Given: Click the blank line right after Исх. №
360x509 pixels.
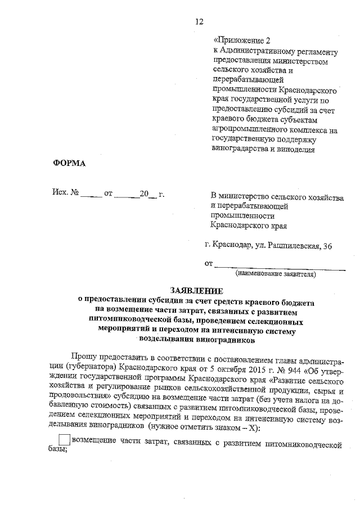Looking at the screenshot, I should [x=91, y=195].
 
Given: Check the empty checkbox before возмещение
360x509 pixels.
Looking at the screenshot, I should [x=65, y=440].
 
